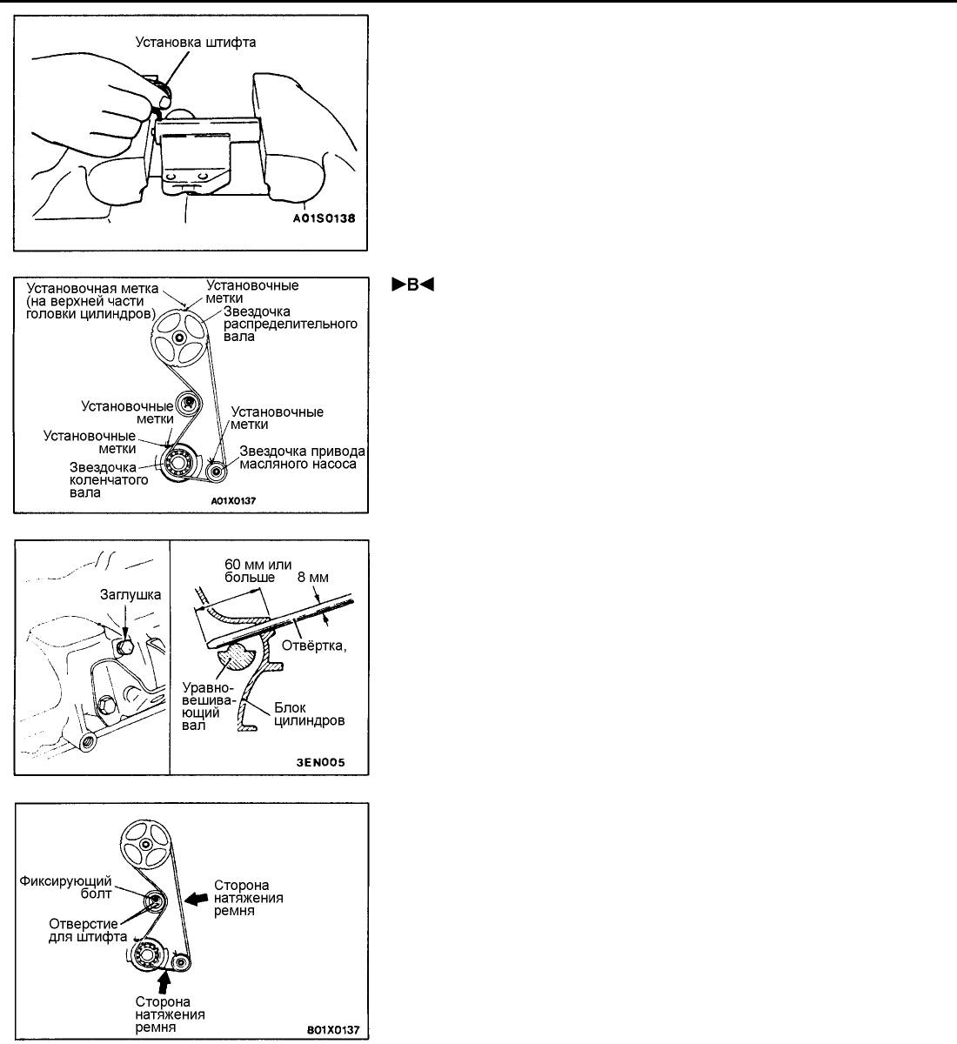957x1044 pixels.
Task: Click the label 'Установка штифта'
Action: pyautogui.click(x=196, y=40)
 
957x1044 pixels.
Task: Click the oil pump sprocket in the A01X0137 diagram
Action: pyautogui.click(x=217, y=469)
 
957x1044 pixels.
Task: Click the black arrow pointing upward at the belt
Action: pyautogui.click(x=162, y=980)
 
